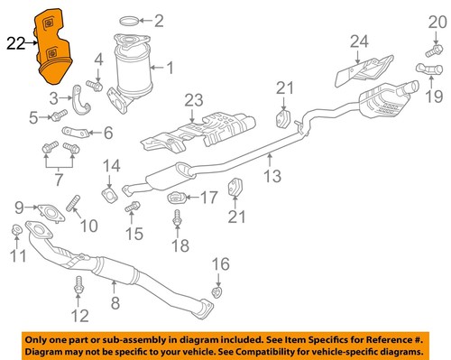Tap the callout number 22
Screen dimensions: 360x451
(16, 42)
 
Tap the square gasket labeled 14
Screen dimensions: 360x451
(110, 192)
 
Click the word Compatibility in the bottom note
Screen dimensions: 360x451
(295, 348)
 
